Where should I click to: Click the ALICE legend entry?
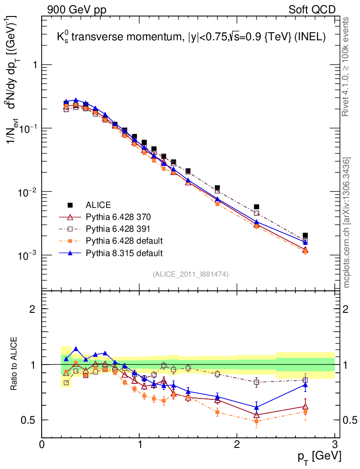click(x=98, y=205)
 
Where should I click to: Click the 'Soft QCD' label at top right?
click(x=312, y=10)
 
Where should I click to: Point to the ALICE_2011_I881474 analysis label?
click(x=190, y=274)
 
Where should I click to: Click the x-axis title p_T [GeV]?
click(x=319, y=456)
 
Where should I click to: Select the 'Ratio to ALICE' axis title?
click(x=16, y=365)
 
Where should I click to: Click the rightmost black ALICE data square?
click(x=305, y=235)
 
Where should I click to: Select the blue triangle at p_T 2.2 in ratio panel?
click(x=256, y=407)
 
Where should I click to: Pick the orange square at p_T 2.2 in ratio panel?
click(x=256, y=421)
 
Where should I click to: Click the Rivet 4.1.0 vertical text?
click(x=347, y=66)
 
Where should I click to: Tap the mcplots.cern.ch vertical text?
click(x=347, y=222)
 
